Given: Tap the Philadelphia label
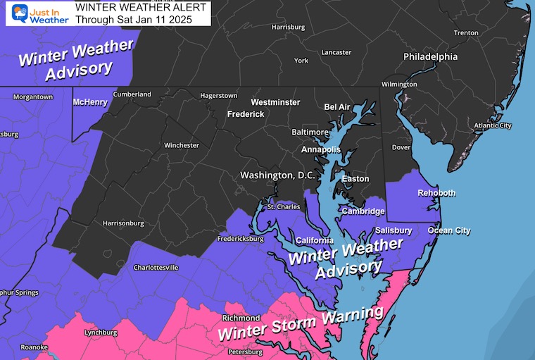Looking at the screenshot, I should click(x=430, y=56).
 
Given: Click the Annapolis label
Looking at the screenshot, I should click(x=320, y=150).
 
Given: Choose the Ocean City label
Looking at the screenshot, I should click(x=448, y=230).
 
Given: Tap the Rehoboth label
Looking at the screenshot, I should click(x=436, y=193).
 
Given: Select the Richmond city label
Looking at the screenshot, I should click(x=241, y=318).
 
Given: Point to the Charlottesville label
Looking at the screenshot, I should click(x=156, y=268).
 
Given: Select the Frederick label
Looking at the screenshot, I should click(x=245, y=114).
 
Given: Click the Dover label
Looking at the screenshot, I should click(x=401, y=147).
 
